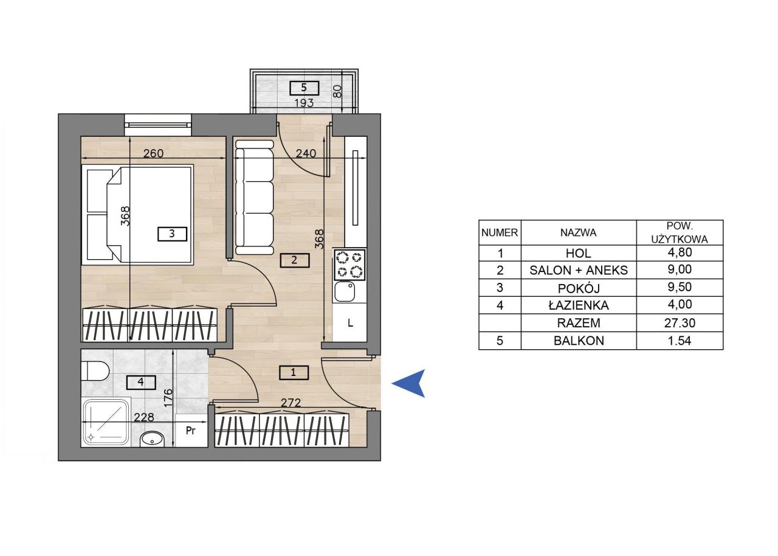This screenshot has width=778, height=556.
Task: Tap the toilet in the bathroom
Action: click(95, 371)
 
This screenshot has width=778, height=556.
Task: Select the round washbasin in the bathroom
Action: click(152, 439)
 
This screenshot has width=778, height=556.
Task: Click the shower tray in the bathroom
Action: click(106, 423)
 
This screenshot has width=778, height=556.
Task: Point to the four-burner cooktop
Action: click(349, 265)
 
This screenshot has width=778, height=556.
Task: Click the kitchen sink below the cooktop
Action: click(344, 292)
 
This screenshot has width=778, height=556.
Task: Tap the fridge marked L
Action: click(349, 322)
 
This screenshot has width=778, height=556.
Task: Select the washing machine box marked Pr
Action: click(191, 431)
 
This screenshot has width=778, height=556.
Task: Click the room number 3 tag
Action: click(172, 234)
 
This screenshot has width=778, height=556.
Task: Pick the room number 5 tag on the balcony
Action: click(305, 88)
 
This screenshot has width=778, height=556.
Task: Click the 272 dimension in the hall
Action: click(291, 403)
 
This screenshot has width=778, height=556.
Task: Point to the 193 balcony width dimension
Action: click(304, 103)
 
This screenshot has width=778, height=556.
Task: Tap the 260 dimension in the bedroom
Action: click(154, 153)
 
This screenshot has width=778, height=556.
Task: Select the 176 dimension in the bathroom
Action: click(168, 398)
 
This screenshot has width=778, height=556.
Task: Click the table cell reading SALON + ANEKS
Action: click(579, 270)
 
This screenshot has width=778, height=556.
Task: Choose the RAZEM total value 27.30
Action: click(680, 323)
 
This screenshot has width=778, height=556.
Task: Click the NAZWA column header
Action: click(579, 232)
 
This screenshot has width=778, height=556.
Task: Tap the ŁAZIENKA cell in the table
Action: click(579, 305)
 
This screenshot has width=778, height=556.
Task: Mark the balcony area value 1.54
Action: click(680, 341)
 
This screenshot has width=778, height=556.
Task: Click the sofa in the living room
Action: click(255, 198)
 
